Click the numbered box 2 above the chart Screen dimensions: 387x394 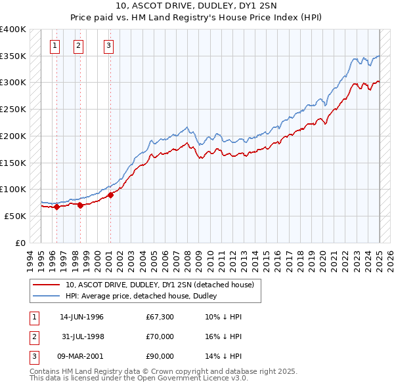coord(78,46)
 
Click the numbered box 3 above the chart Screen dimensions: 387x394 coord(108,46)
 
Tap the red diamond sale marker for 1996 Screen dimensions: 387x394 coord(56,207)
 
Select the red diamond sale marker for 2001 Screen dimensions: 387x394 coord(111,194)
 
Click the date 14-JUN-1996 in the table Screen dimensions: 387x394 coord(81,317)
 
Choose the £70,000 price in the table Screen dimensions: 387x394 coord(160,336)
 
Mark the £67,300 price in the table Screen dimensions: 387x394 coord(160,317)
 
